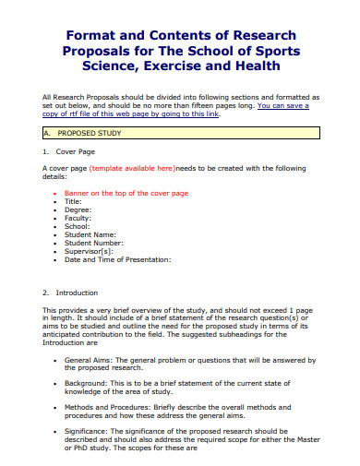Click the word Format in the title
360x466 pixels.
[x=86, y=34]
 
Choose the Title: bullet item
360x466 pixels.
[x=73, y=201]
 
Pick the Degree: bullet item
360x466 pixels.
[x=78, y=209]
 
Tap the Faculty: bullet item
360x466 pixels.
[x=78, y=218]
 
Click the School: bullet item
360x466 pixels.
[x=78, y=226]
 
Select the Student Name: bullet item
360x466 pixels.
[x=90, y=234]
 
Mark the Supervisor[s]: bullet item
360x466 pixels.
[x=89, y=251]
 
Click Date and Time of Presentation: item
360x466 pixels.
[x=117, y=259]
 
